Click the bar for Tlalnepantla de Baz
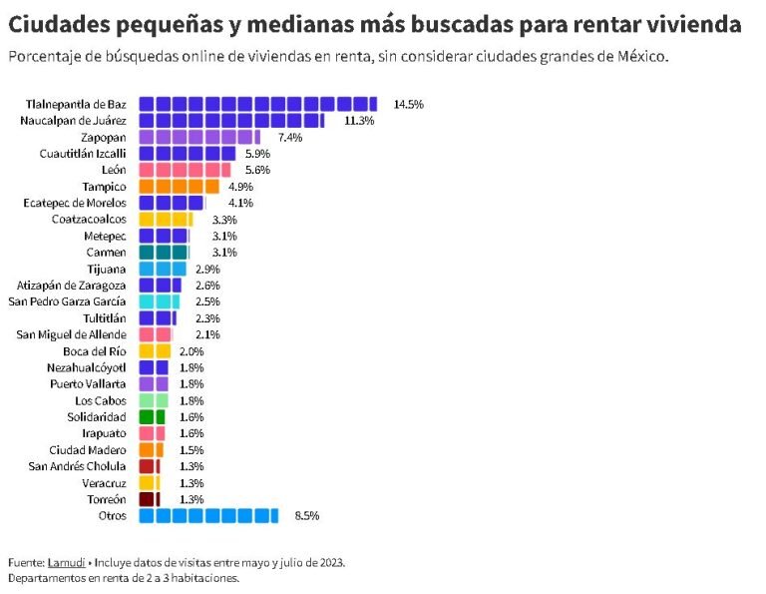point(257,104)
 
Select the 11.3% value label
point(358,121)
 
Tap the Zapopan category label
point(103,137)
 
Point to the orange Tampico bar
point(179,187)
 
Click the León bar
point(185,170)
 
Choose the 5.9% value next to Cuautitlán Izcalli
point(257,154)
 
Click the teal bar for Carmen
point(164,253)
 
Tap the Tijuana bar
point(162,269)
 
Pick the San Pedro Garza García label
point(67,301)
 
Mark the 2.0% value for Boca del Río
point(191,351)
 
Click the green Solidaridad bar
point(152,417)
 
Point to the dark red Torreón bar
point(149,499)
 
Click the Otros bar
point(207,516)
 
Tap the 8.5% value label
point(306,516)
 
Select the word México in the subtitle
point(641,56)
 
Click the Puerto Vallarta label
point(89,384)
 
